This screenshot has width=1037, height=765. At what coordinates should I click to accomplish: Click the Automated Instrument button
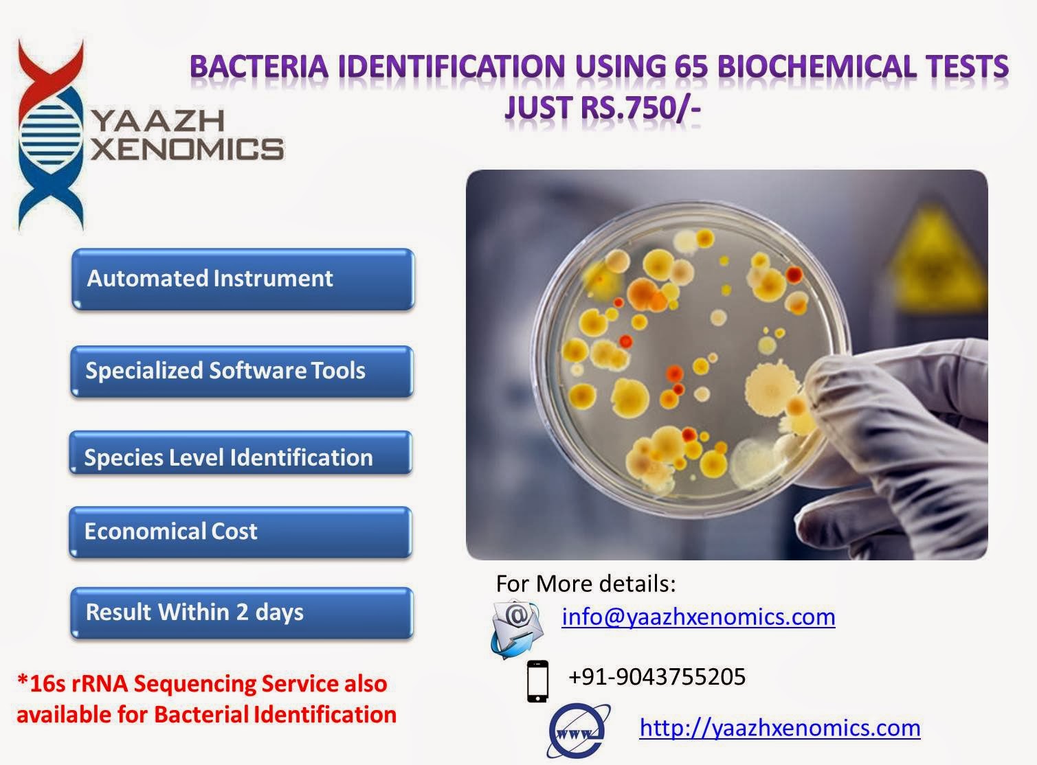tap(242, 279)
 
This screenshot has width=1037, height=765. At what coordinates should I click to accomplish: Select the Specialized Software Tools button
tap(241, 371)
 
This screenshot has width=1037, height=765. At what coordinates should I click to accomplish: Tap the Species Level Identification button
tap(241, 457)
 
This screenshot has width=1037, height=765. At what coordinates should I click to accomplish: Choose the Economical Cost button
tap(241, 531)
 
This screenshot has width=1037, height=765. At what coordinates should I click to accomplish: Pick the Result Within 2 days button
tap(241, 612)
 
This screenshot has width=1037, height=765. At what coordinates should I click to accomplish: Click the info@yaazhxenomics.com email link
tap(698, 616)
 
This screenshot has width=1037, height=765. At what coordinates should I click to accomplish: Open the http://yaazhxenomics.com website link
tap(779, 727)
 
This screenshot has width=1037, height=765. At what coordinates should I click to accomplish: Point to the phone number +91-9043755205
tap(656, 676)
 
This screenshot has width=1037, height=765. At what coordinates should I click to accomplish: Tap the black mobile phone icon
tap(537, 681)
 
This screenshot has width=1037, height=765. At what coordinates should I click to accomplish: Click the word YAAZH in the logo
tap(157, 121)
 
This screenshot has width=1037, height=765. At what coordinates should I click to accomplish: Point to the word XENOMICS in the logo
tap(187, 148)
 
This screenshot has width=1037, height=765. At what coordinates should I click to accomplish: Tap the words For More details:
tap(586, 584)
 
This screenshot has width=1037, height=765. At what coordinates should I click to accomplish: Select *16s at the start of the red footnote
tap(41, 684)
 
